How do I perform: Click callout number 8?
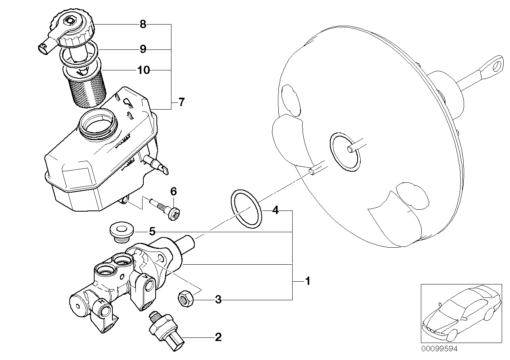click(143, 25)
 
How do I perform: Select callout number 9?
click(143, 49)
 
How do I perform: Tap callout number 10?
click(143, 70)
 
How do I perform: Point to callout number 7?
click(181, 102)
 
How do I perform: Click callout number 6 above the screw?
click(173, 191)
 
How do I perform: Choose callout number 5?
click(152, 231)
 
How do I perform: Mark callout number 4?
click(275, 210)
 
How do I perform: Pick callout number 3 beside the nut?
click(218, 300)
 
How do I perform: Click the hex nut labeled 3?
click(185, 298)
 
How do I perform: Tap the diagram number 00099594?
click(439, 349)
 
